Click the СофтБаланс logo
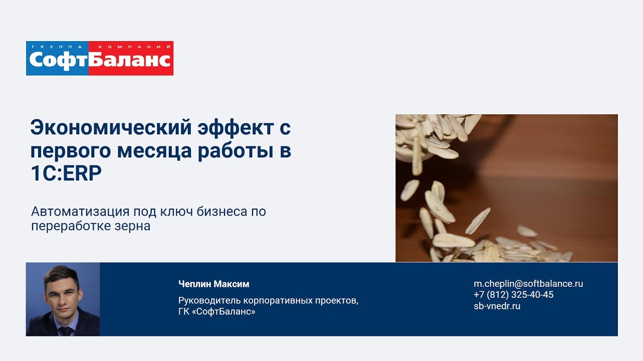click(x=99, y=59)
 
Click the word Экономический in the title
click(x=111, y=127)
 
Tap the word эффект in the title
click(x=236, y=127)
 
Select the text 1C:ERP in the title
click(x=66, y=173)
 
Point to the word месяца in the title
click(x=154, y=151)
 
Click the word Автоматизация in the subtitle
click(x=80, y=212)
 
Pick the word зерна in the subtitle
click(x=132, y=226)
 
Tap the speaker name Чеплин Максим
click(x=214, y=284)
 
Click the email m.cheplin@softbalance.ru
click(x=528, y=284)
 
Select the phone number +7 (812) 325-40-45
click(x=513, y=295)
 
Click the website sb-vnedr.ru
click(x=497, y=306)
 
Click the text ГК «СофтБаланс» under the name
click(x=217, y=311)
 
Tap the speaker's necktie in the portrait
click(x=66, y=331)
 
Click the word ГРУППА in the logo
click(x=57, y=47)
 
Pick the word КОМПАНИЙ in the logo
click(x=134, y=47)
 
